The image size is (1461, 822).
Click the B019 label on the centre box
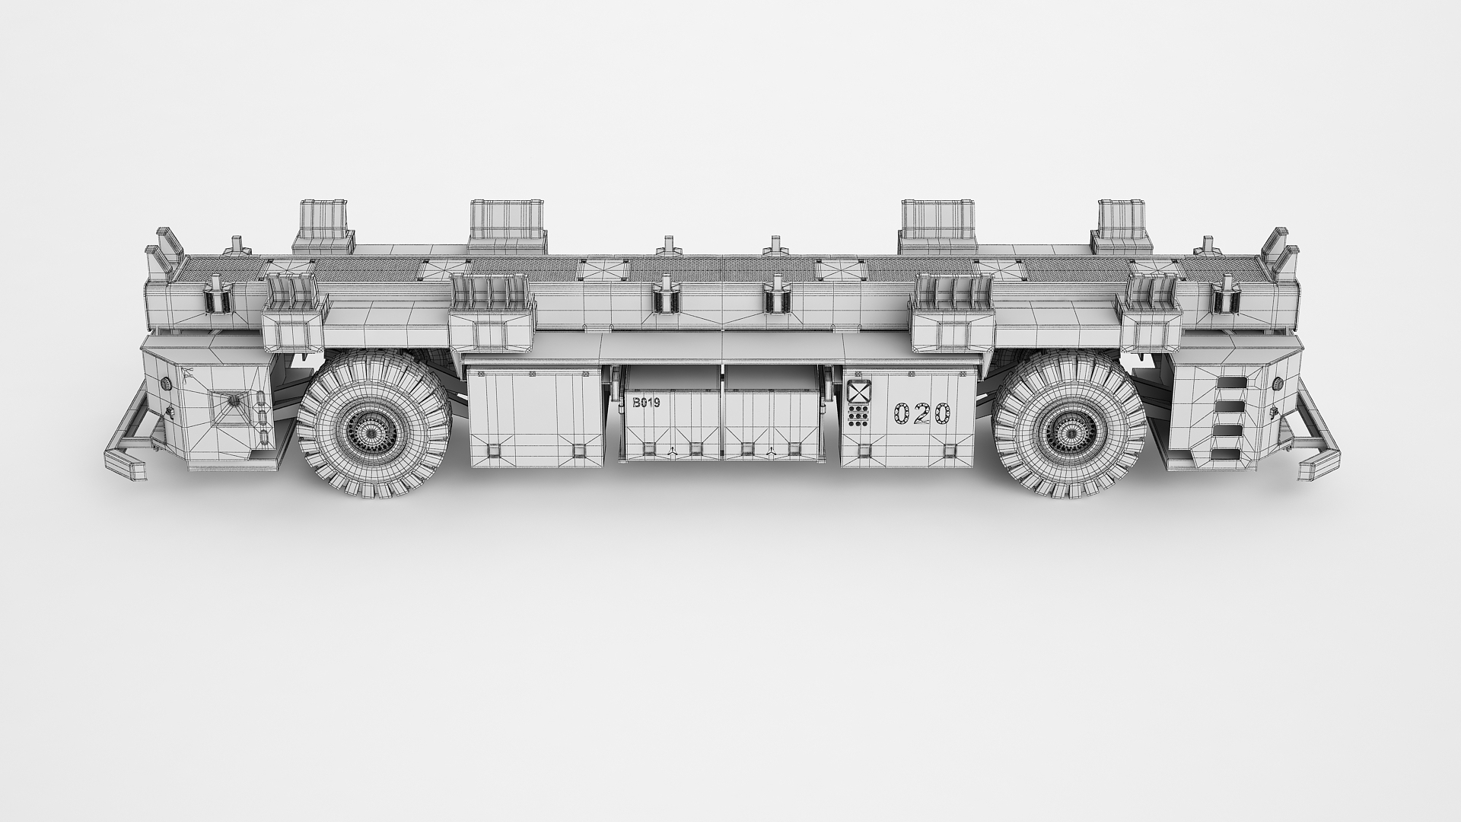pyautogui.click(x=646, y=402)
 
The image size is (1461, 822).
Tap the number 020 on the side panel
pyautogui.click(x=921, y=413)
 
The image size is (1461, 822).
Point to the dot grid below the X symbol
pyautogui.click(x=858, y=417)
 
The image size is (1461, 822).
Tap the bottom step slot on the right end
pyautogui.click(x=1226, y=455)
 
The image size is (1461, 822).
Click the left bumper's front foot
pyautogui.click(x=126, y=464)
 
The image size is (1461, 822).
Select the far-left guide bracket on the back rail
pyautogui.click(x=323, y=224)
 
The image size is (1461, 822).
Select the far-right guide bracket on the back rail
pyautogui.click(x=1122, y=224)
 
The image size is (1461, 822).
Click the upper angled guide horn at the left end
pyautogui.click(x=164, y=239)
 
